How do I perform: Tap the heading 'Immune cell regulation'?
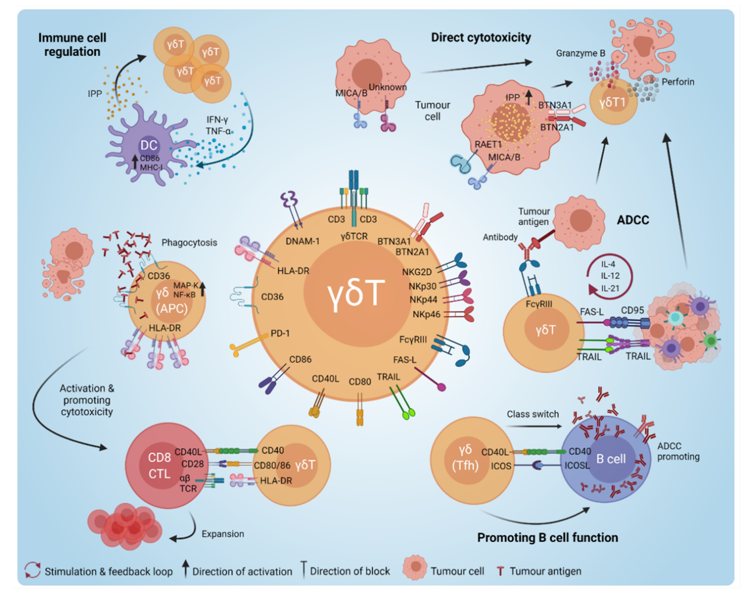72,44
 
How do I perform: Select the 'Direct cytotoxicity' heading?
481,37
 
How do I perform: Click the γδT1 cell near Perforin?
613,102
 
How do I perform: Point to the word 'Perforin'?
678,82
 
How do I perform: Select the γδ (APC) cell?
167,301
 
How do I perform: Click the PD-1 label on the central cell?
280,334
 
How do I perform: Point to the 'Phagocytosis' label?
189,242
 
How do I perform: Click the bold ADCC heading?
633,220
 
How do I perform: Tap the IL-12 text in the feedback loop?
610,276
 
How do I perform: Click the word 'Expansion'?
223,533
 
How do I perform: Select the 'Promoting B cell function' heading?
548,538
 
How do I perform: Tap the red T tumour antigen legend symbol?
500,571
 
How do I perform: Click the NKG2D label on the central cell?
417,272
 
